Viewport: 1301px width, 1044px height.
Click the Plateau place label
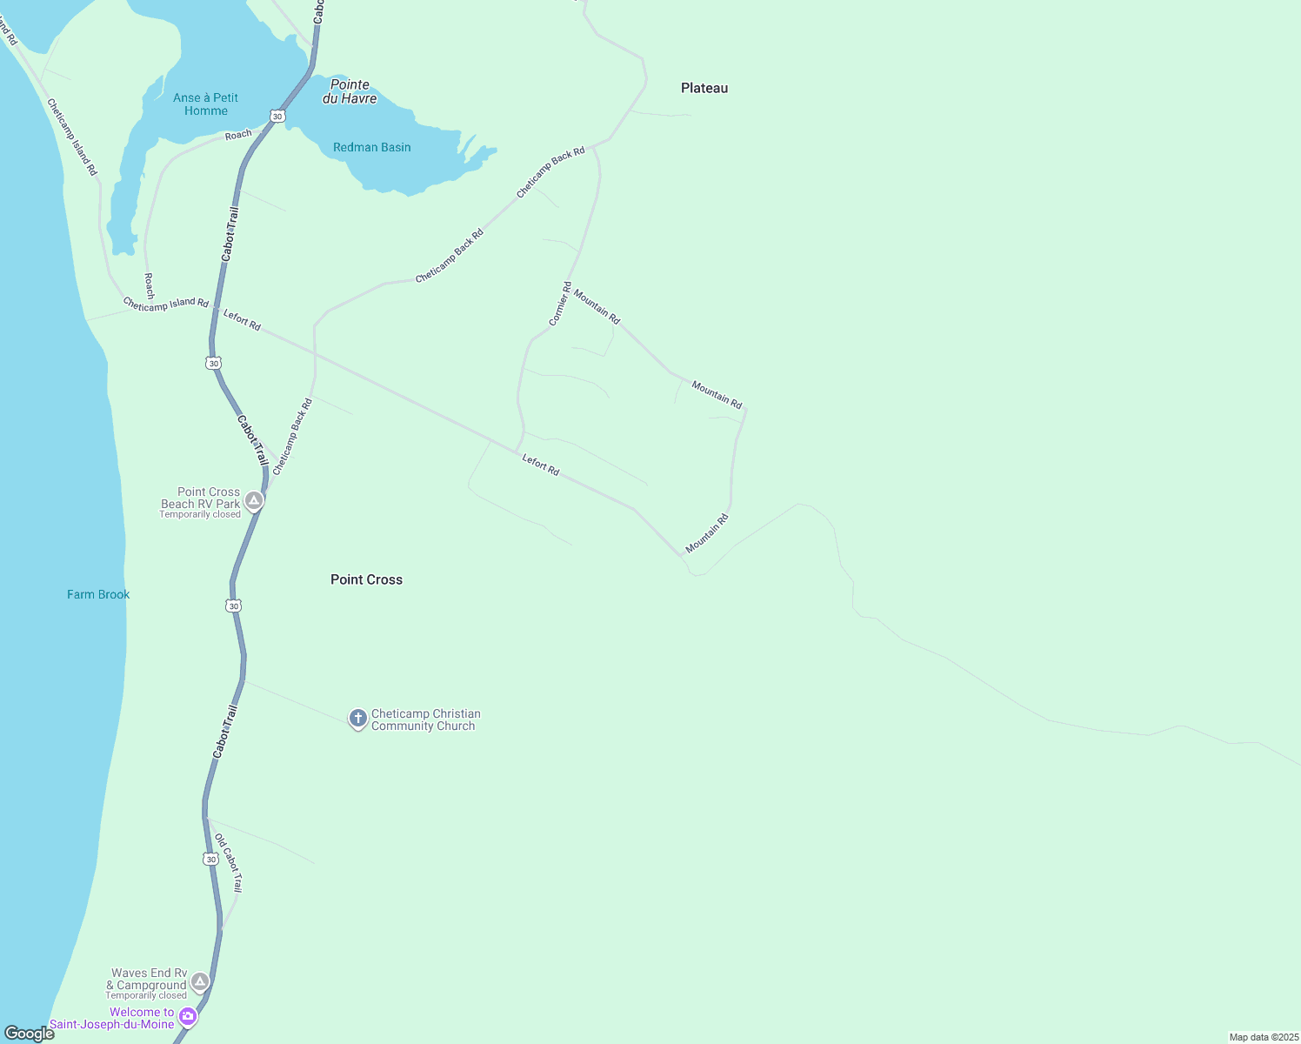704,88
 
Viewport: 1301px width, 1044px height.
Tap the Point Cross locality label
366,579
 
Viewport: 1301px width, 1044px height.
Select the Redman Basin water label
371,147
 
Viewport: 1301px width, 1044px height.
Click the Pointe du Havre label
350,91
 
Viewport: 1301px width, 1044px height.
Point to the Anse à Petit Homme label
205,104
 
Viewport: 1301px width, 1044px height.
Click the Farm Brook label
98,594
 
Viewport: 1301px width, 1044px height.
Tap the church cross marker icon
357,719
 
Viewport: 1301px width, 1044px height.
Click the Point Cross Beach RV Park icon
254,500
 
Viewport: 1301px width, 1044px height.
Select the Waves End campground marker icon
200,981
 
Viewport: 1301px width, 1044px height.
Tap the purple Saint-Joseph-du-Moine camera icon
187,1016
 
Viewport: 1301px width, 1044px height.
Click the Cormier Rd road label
560,304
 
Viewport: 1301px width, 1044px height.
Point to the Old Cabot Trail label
229,862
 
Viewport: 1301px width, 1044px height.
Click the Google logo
29,1034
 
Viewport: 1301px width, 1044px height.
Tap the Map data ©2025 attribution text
1264,1037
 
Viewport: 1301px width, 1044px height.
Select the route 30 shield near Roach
277,116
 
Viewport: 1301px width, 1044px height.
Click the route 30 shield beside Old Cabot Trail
210,859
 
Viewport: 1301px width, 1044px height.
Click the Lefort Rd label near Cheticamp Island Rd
242,320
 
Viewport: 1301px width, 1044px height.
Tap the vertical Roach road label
150,285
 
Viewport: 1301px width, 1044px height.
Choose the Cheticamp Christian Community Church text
424,719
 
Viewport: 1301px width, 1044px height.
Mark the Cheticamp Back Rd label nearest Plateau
550,173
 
